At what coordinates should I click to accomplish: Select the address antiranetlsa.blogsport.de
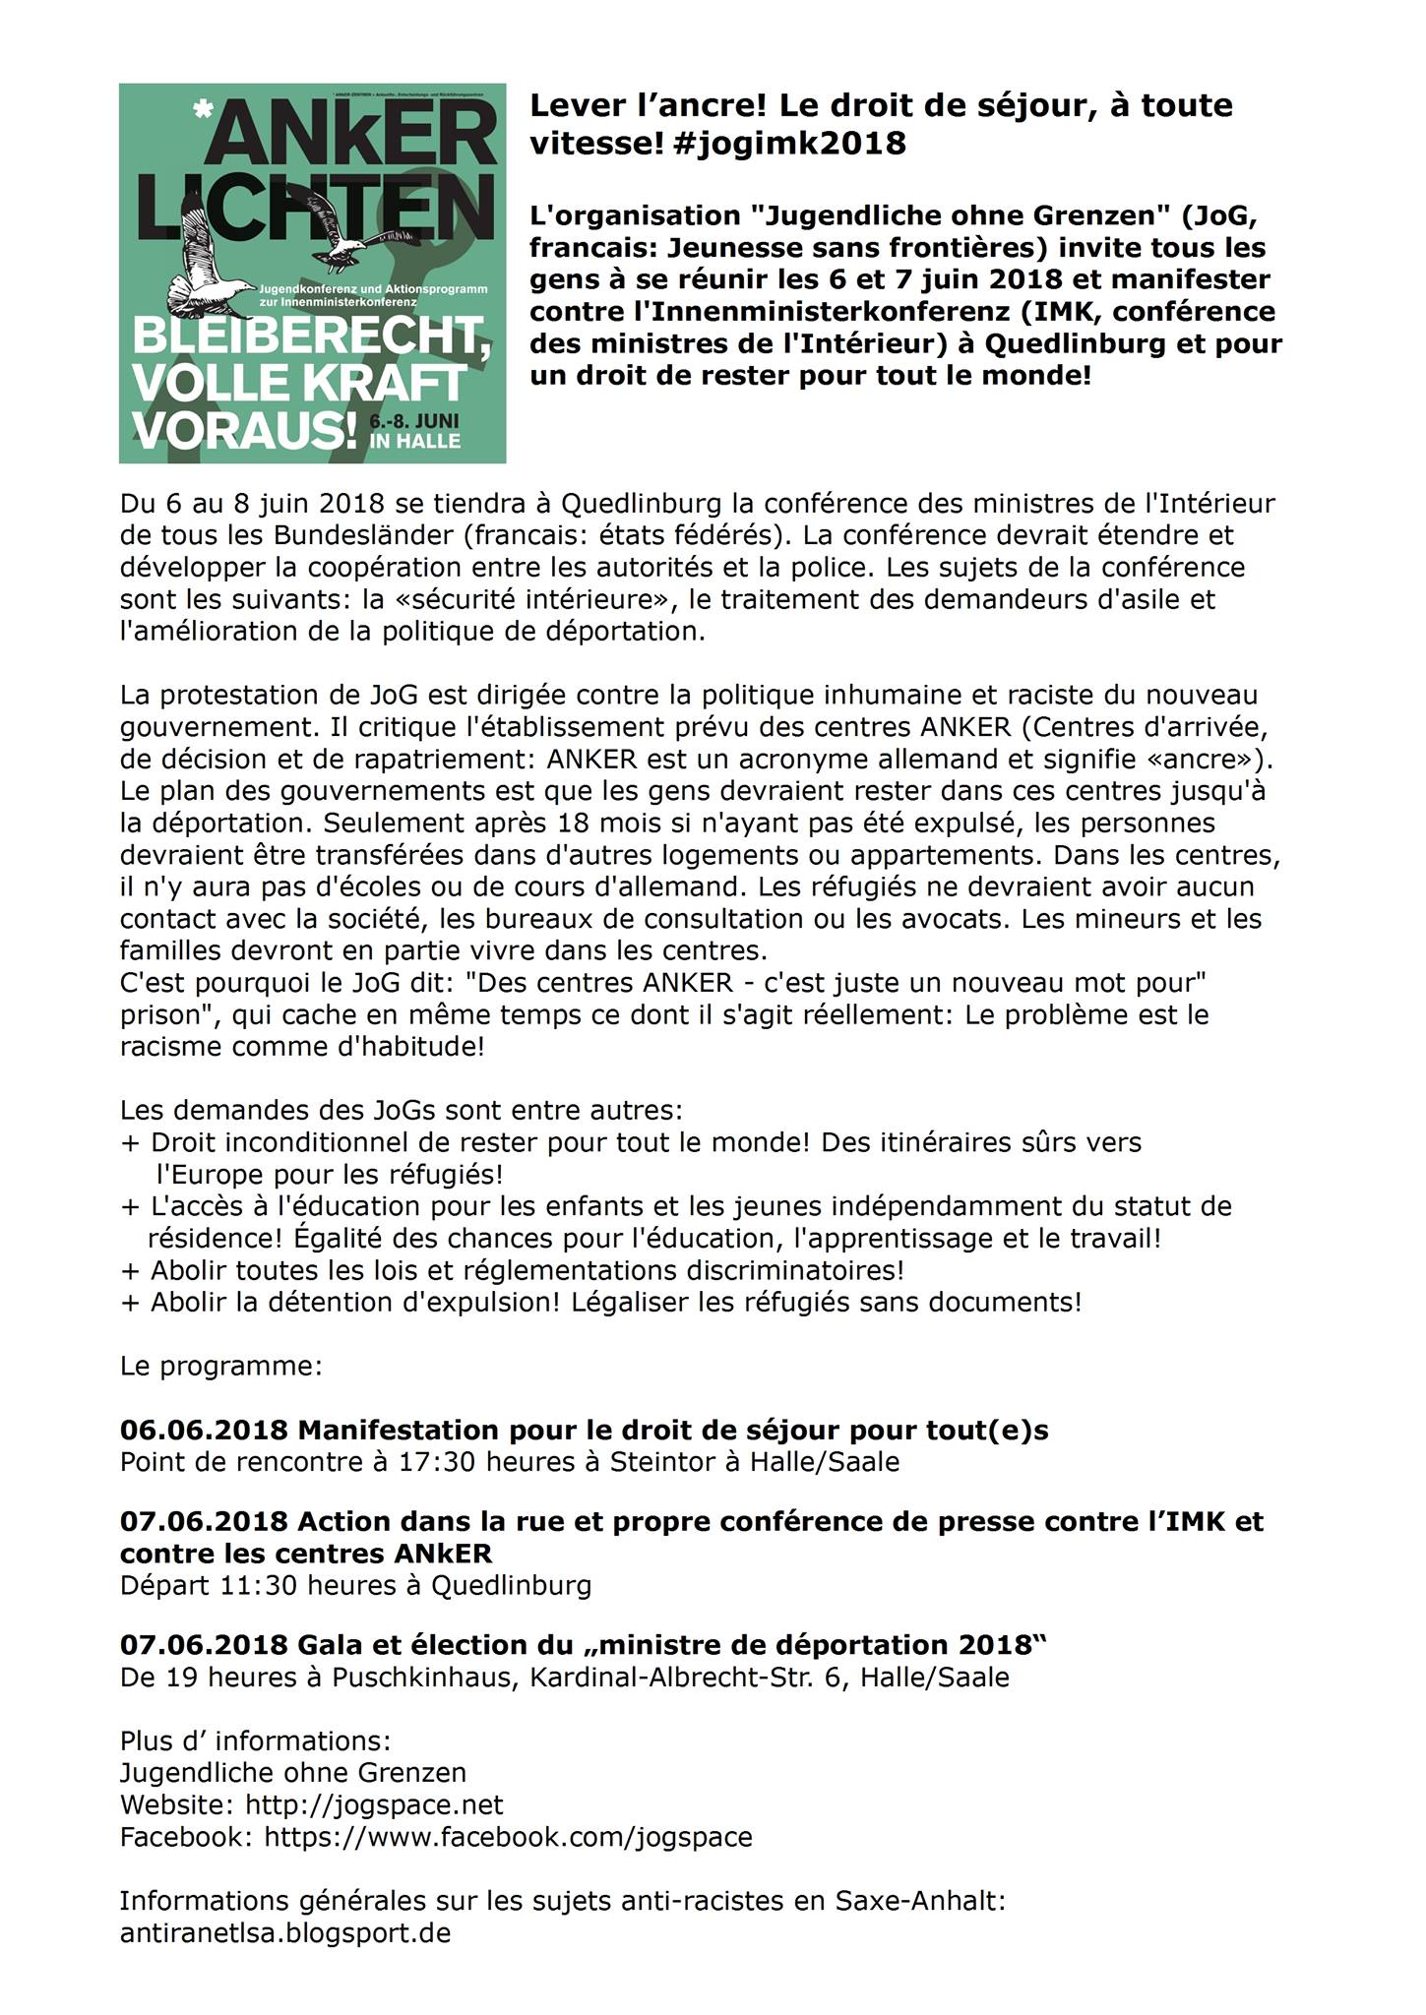(x=285, y=1933)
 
